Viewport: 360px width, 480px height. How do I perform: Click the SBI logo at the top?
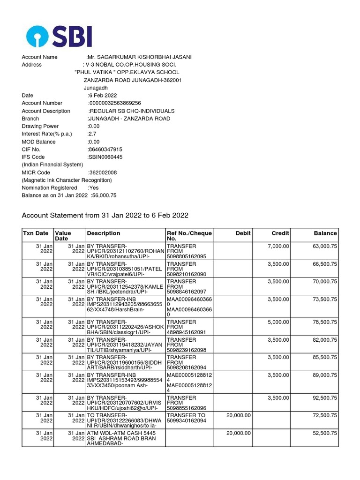point(59,37)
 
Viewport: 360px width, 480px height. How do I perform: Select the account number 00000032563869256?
point(115,103)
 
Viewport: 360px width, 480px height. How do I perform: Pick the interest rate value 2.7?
point(92,134)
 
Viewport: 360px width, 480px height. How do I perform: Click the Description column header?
point(104,233)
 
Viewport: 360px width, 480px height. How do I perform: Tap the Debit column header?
point(243,233)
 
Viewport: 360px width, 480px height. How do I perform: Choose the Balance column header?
point(325,233)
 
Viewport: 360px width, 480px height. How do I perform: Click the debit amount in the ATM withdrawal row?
point(239,433)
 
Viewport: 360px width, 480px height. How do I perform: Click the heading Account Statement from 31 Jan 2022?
point(105,215)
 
